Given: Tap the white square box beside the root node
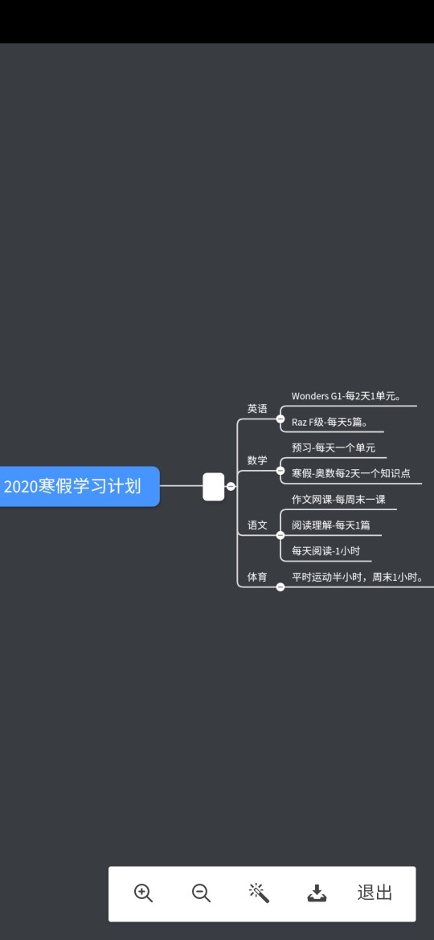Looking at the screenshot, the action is [x=214, y=486].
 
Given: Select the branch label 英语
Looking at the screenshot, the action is [x=257, y=409].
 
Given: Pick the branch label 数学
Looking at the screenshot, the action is [x=257, y=460].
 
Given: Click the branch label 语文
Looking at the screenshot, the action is [x=257, y=525].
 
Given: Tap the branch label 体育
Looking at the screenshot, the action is [x=257, y=577].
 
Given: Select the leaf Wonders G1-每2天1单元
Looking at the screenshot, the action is [x=346, y=395].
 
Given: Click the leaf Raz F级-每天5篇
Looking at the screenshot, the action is [x=329, y=422].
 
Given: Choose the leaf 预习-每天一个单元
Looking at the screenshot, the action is [x=334, y=448].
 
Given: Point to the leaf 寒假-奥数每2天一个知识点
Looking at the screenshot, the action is [x=350, y=473].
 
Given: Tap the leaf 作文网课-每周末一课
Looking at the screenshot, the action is [x=338, y=500].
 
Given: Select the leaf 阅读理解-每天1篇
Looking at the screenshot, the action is [x=331, y=525].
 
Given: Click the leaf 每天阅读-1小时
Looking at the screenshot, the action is [x=325, y=550].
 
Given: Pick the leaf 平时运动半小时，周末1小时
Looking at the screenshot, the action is [x=358, y=577].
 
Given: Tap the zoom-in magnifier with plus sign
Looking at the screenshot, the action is [x=143, y=893].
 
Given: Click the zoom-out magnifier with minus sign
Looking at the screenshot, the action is [x=201, y=893].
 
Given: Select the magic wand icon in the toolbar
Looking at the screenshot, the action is [x=259, y=893].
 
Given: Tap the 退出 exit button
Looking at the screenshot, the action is [x=375, y=893].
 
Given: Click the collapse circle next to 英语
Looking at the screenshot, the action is [x=280, y=419].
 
